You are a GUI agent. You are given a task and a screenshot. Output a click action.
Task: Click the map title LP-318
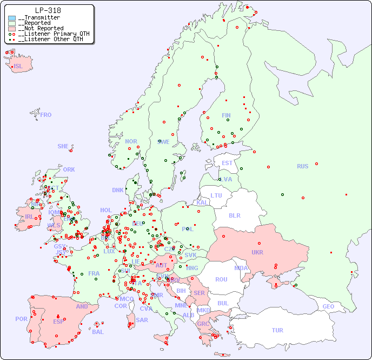[x=48, y=10]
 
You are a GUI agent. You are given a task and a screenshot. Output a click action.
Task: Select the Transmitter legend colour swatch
[x=12, y=18]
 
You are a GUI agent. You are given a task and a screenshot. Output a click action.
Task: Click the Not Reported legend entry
[x=41, y=28]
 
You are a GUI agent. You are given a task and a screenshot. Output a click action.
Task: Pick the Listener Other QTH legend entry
[x=50, y=39]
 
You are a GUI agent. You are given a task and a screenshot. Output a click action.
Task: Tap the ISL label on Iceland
[x=18, y=67]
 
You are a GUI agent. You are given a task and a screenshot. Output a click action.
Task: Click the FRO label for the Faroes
[x=46, y=115]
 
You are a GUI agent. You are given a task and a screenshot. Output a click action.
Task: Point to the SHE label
[x=63, y=146]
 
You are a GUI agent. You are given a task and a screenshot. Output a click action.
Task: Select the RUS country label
[x=302, y=166]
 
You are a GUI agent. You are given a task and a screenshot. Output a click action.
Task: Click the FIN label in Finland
[x=226, y=115]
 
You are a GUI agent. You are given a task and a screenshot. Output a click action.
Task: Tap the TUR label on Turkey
[x=277, y=330]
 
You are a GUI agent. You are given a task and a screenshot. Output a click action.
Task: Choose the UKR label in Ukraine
[x=257, y=252]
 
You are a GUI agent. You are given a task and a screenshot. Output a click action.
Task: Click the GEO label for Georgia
[x=328, y=306]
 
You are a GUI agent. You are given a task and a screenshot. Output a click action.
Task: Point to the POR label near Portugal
[x=21, y=319]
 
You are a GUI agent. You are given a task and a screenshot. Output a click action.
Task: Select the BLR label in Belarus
[x=234, y=215]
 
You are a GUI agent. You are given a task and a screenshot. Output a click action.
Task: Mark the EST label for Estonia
[x=227, y=163]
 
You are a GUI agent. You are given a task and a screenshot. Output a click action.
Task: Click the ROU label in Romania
[x=221, y=279]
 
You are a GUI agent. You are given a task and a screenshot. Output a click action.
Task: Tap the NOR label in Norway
[x=131, y=141]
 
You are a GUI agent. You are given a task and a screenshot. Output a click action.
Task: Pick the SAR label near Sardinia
[x=142, y=320]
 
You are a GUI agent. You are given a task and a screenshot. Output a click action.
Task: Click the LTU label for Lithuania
[x=216, y=195]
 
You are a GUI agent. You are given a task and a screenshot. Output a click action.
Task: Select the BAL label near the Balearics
[x=97, y=332]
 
